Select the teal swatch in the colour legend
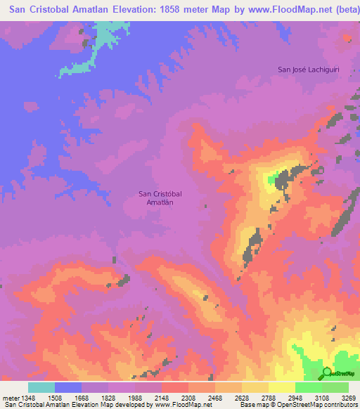pyautogui.click(x=41, y=387)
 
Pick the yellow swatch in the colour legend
pyautogui.click(x=282, y=387)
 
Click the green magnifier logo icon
pyautogui.click(x=326, y=372)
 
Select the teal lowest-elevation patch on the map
pyautogui.click(x=105, y=42)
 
